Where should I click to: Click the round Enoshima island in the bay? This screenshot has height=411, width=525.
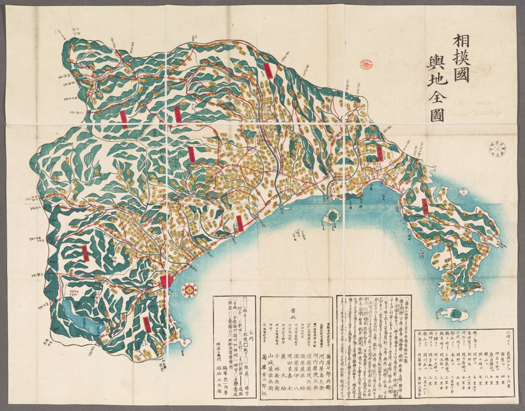(x=332, y=215)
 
